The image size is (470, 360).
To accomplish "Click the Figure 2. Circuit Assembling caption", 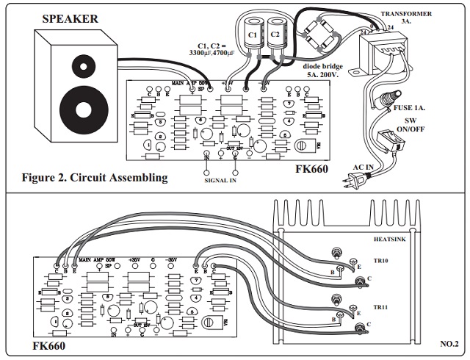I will (x=95, y=177).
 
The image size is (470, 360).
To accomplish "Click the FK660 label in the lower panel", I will (x=50, y=345).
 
